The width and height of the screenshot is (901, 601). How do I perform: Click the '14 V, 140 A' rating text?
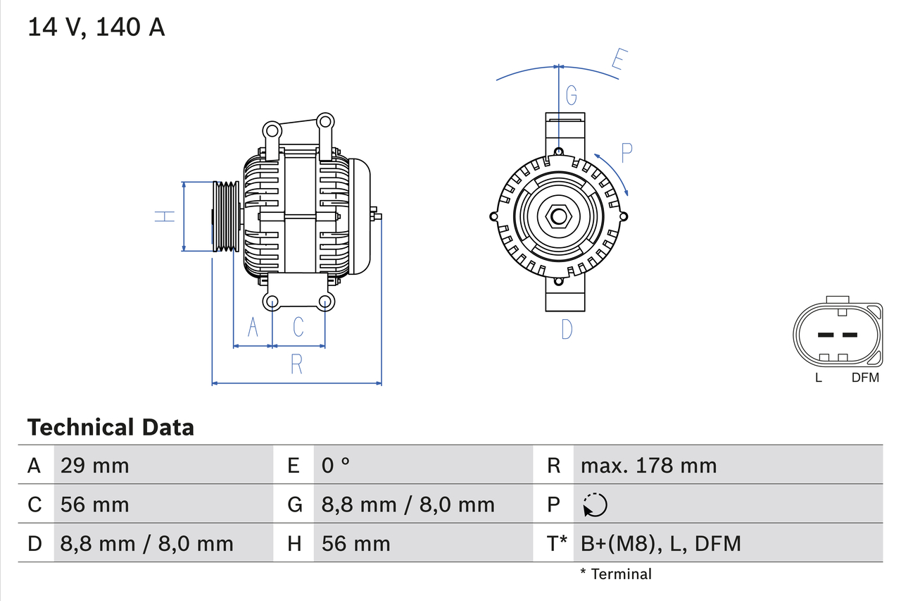coord(96,27)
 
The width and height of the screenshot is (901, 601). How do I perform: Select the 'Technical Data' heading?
coord(110,427)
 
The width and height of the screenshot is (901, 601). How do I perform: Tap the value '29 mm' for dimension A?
coord(95,465)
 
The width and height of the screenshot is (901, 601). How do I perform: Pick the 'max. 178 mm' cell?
coord(648,465)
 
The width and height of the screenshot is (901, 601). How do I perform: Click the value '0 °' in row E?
coord(336,465)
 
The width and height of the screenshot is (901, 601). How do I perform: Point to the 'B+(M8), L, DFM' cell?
coord(660,543)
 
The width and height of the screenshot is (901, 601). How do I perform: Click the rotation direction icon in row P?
coord(595,504)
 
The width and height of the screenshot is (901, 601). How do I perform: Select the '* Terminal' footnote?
coord(616,574)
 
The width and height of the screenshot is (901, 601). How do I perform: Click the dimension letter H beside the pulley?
coord(165,216)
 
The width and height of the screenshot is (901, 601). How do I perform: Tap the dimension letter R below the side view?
coord(296,364)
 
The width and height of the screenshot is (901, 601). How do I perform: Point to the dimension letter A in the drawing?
coord(253,327)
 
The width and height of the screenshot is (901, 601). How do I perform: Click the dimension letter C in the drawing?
coord(298,327)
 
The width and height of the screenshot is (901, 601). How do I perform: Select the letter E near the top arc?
coord(618,60)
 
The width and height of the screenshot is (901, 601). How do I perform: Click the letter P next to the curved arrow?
coord(626,151)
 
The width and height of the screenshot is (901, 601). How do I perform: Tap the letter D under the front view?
coord(567,329)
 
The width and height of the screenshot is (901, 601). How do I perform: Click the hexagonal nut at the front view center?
coord(558,216)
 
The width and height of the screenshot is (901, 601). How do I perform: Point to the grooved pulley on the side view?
coord(226,216)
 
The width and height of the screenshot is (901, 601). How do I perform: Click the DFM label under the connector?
coord(865,378)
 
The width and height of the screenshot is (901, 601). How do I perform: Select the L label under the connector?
coord(818,378)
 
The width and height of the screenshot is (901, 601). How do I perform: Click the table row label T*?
coord(557,543)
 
